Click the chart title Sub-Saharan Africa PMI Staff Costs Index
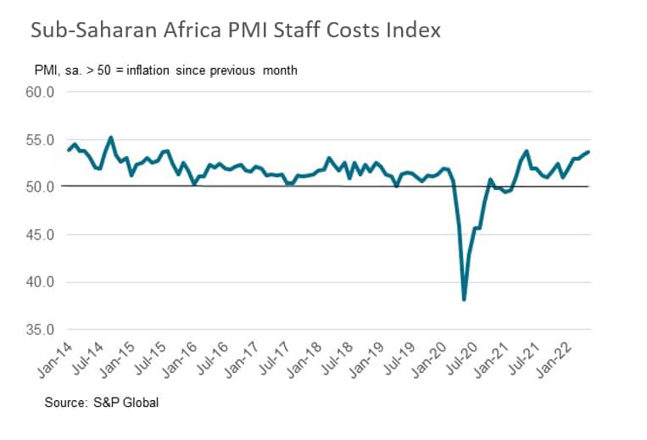[236, 31]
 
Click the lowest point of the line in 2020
[464, 299]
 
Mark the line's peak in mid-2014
[111, 137]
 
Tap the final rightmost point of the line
[589, 152]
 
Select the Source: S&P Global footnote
[102, 403]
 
